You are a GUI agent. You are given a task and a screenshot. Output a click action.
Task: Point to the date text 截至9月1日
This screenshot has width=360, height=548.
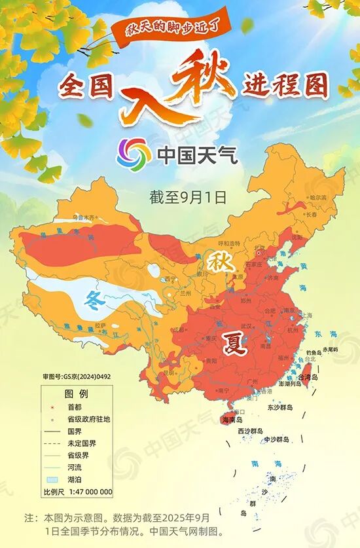point(188,195)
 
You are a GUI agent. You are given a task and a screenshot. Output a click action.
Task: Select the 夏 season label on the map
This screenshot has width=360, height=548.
point(234,342)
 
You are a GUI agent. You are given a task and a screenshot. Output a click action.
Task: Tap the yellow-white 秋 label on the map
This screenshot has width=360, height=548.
point(217,261)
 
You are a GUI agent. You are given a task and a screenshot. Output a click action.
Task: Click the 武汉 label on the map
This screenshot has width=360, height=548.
point(247,325)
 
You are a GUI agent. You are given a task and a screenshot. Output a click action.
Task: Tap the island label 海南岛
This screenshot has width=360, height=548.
point(232,419)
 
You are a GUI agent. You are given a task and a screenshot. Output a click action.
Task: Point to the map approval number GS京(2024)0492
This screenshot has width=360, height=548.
point(77,376)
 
